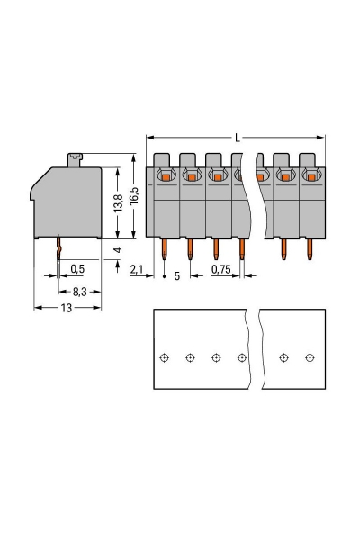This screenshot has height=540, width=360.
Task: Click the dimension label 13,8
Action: click(x=117, y=202)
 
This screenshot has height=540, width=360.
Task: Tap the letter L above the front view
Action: click(x=237, y=138)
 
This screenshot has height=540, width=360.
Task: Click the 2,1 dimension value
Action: click(x=137, y=269)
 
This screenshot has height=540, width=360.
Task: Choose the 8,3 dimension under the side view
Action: click(x=79, y=292)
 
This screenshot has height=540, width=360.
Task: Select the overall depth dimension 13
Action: click(x=67, y=308)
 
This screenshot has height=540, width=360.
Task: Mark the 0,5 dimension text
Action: click(x=77, y=269)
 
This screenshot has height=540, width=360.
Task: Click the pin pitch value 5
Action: click(x=176, y=276)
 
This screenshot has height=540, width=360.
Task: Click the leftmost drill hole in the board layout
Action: click(x=164, y=357)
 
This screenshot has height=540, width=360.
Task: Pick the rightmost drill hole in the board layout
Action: click(x=310, y=357)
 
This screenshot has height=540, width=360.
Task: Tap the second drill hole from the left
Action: click(x=190, y=357)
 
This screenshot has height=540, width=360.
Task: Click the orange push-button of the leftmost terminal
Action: click(x=166, y=177)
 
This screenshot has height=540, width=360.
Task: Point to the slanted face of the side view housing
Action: click(x=40, y=185)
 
